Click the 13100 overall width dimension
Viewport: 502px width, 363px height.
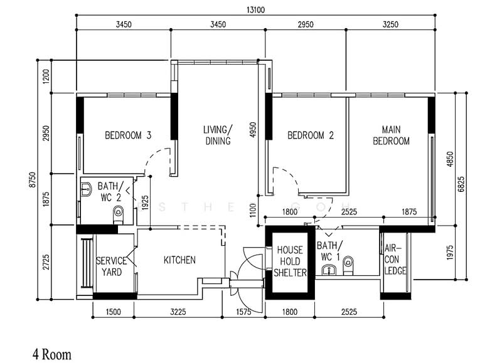255,10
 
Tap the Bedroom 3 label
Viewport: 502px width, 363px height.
128,135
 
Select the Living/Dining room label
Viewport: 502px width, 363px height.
218,135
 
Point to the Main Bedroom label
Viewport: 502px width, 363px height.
391,135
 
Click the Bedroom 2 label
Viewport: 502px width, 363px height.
311,135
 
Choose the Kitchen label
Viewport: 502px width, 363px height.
179,260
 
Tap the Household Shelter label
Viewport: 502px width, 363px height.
290,261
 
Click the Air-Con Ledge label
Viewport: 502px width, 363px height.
395,260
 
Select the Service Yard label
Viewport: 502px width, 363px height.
112,266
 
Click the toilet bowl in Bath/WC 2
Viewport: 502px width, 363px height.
118,214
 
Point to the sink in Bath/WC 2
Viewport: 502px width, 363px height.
87,189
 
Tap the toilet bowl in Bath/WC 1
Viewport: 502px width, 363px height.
348,265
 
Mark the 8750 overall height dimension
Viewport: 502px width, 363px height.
33,180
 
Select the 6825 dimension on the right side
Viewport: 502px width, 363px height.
461,184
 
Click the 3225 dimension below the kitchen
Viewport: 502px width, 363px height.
178,312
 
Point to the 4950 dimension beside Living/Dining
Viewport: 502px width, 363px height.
253,130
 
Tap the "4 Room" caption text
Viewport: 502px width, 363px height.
52,355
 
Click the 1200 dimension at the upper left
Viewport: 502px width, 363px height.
46,76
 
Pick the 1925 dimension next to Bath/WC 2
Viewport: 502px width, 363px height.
145,203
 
